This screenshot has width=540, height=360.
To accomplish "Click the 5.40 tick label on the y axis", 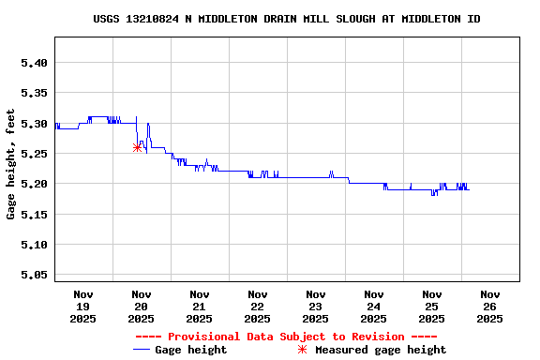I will click(x=34, y=63).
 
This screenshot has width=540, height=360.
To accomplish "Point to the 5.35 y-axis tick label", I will click(x=34, y=93).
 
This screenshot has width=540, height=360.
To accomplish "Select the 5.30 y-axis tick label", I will click(x=34, y=124).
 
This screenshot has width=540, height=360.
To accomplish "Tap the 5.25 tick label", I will click(x=34, y=154).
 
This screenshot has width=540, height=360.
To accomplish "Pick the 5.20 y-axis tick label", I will click(x=34, y=184).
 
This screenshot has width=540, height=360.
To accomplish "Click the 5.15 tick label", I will click(x=34, y=215).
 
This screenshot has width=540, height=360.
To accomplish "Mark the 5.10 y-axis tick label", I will click(x=34, y=245).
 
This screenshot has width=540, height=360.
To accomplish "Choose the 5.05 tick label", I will click(x=34, y=275).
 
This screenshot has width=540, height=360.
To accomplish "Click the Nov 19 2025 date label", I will click(x=83, y=307).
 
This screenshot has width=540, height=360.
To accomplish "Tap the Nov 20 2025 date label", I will click(x=142, y=307).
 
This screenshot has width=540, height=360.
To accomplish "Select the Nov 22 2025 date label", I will click(x=258, y=307).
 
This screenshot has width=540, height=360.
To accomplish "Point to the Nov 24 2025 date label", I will click(x=374, y=307).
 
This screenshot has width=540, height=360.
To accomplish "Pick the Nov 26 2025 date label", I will click(x=490, y=307).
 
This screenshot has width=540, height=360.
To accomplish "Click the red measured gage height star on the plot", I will click(x=137, y=147).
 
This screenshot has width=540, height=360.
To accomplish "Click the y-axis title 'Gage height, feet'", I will click(x=11, y=164).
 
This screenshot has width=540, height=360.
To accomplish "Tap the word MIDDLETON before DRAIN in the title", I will click(x=226, y=19).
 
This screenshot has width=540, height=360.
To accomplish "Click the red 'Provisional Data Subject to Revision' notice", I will click(x=286, y=337).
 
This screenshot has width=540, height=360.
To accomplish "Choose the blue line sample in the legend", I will click(x=142, y=350).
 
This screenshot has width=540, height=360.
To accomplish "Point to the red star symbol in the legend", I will click(x=302, y=350).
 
